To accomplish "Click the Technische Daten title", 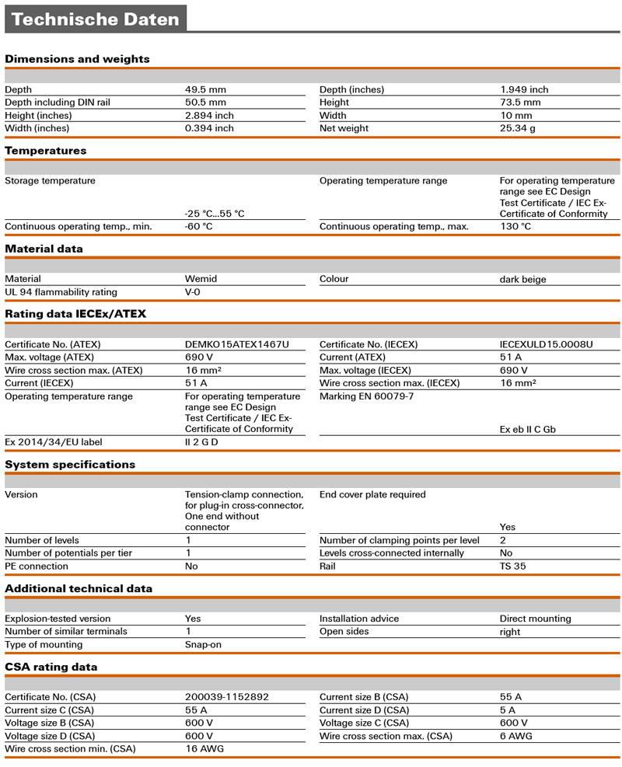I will click(x=96, y=19).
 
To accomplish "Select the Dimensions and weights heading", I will click(x=77, y=59).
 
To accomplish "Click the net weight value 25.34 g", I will click(x=517, y=128).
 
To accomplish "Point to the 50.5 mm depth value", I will click(x=205, y=103).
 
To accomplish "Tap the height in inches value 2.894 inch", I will click(x=209, y=116).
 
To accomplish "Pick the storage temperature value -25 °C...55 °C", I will click(x=215, y=214).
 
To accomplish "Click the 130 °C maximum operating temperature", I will click(x=515, y=227).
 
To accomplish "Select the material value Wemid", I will click(x=201, y=279).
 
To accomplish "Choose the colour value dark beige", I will click(x=522, y=279).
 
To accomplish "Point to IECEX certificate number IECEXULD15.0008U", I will click(x=546, y=344).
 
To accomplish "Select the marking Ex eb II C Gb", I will click(x=527, y=430).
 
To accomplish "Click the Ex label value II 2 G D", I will click(x=202, y=443).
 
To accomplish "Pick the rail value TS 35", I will click(x=512, y=567).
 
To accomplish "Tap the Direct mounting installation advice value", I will click(x=535, y=619).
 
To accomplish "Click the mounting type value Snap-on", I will click(x=203, y=645).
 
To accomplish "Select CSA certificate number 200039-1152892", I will click(x=226, y=697).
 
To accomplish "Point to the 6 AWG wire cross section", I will click(x=515, y=736).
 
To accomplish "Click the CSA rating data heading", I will click(x=51, y=667).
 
